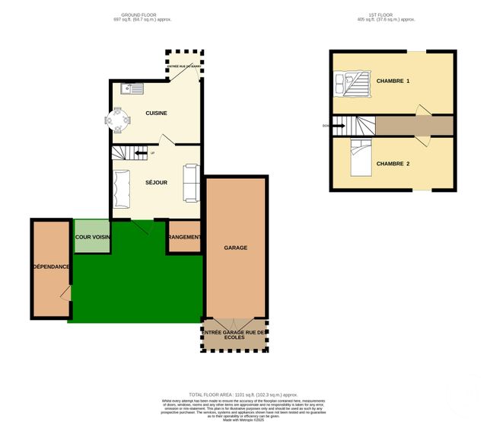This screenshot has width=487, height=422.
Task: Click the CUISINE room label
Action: coord(157,113)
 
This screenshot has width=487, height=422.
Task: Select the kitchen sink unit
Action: coord(132,89)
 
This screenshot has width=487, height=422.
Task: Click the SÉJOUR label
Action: coord(156,183)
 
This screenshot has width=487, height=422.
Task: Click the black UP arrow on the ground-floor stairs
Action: coord(141,153)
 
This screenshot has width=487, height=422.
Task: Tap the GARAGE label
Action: coord(235,248)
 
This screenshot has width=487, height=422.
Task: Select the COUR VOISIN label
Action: coord(93,238)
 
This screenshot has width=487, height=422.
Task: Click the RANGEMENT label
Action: coord(185,238)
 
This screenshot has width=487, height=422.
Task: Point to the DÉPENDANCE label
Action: coord(52,267)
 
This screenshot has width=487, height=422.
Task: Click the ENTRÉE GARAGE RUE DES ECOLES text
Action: coord(235,336)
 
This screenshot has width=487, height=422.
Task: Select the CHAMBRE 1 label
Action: coord(393,81)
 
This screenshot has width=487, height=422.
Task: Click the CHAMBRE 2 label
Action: coord(393,163)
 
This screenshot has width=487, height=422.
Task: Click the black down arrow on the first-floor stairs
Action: coord(338,126)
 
